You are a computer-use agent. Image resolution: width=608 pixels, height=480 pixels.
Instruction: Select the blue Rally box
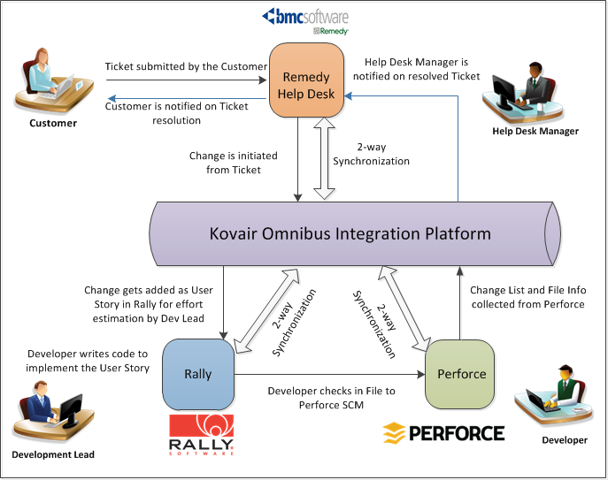(198, 373)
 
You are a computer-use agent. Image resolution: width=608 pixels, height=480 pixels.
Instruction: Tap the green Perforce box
(461, 373)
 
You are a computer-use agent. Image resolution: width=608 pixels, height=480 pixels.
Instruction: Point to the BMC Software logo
(306, 19)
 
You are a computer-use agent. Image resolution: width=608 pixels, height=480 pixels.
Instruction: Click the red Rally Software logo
(202, 433)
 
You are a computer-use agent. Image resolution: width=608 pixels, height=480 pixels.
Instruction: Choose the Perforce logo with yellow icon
(443, 433)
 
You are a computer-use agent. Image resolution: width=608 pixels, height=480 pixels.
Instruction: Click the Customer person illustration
(54, 80)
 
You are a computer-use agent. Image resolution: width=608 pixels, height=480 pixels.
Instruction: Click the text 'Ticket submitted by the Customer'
(186, 67)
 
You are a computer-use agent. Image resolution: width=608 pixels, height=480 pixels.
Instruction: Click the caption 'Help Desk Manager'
(535, 132)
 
